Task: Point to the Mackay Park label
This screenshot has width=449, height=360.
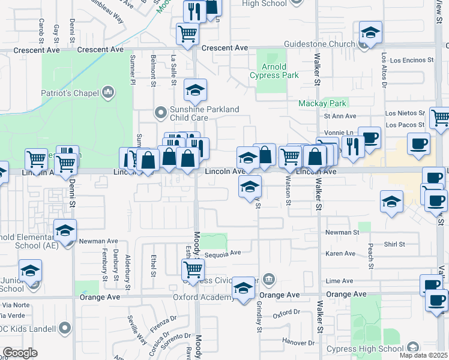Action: tap(319, 103)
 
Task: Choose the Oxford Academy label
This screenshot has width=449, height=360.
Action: tap(203, 297)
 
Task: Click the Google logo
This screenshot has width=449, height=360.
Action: tap(20, 352)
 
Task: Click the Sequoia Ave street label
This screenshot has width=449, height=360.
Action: tap(222, 253)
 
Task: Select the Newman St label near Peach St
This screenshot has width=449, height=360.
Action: tap(342, 232)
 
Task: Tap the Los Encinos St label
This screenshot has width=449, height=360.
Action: tap(411, 61)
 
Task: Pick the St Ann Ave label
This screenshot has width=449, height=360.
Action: tap(340, 116)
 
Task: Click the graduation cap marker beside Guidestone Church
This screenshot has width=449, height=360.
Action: tap(370, 34)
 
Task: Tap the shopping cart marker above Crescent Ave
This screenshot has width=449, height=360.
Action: tap(188, 33)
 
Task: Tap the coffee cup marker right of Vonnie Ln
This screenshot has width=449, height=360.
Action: tap(369, 137)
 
